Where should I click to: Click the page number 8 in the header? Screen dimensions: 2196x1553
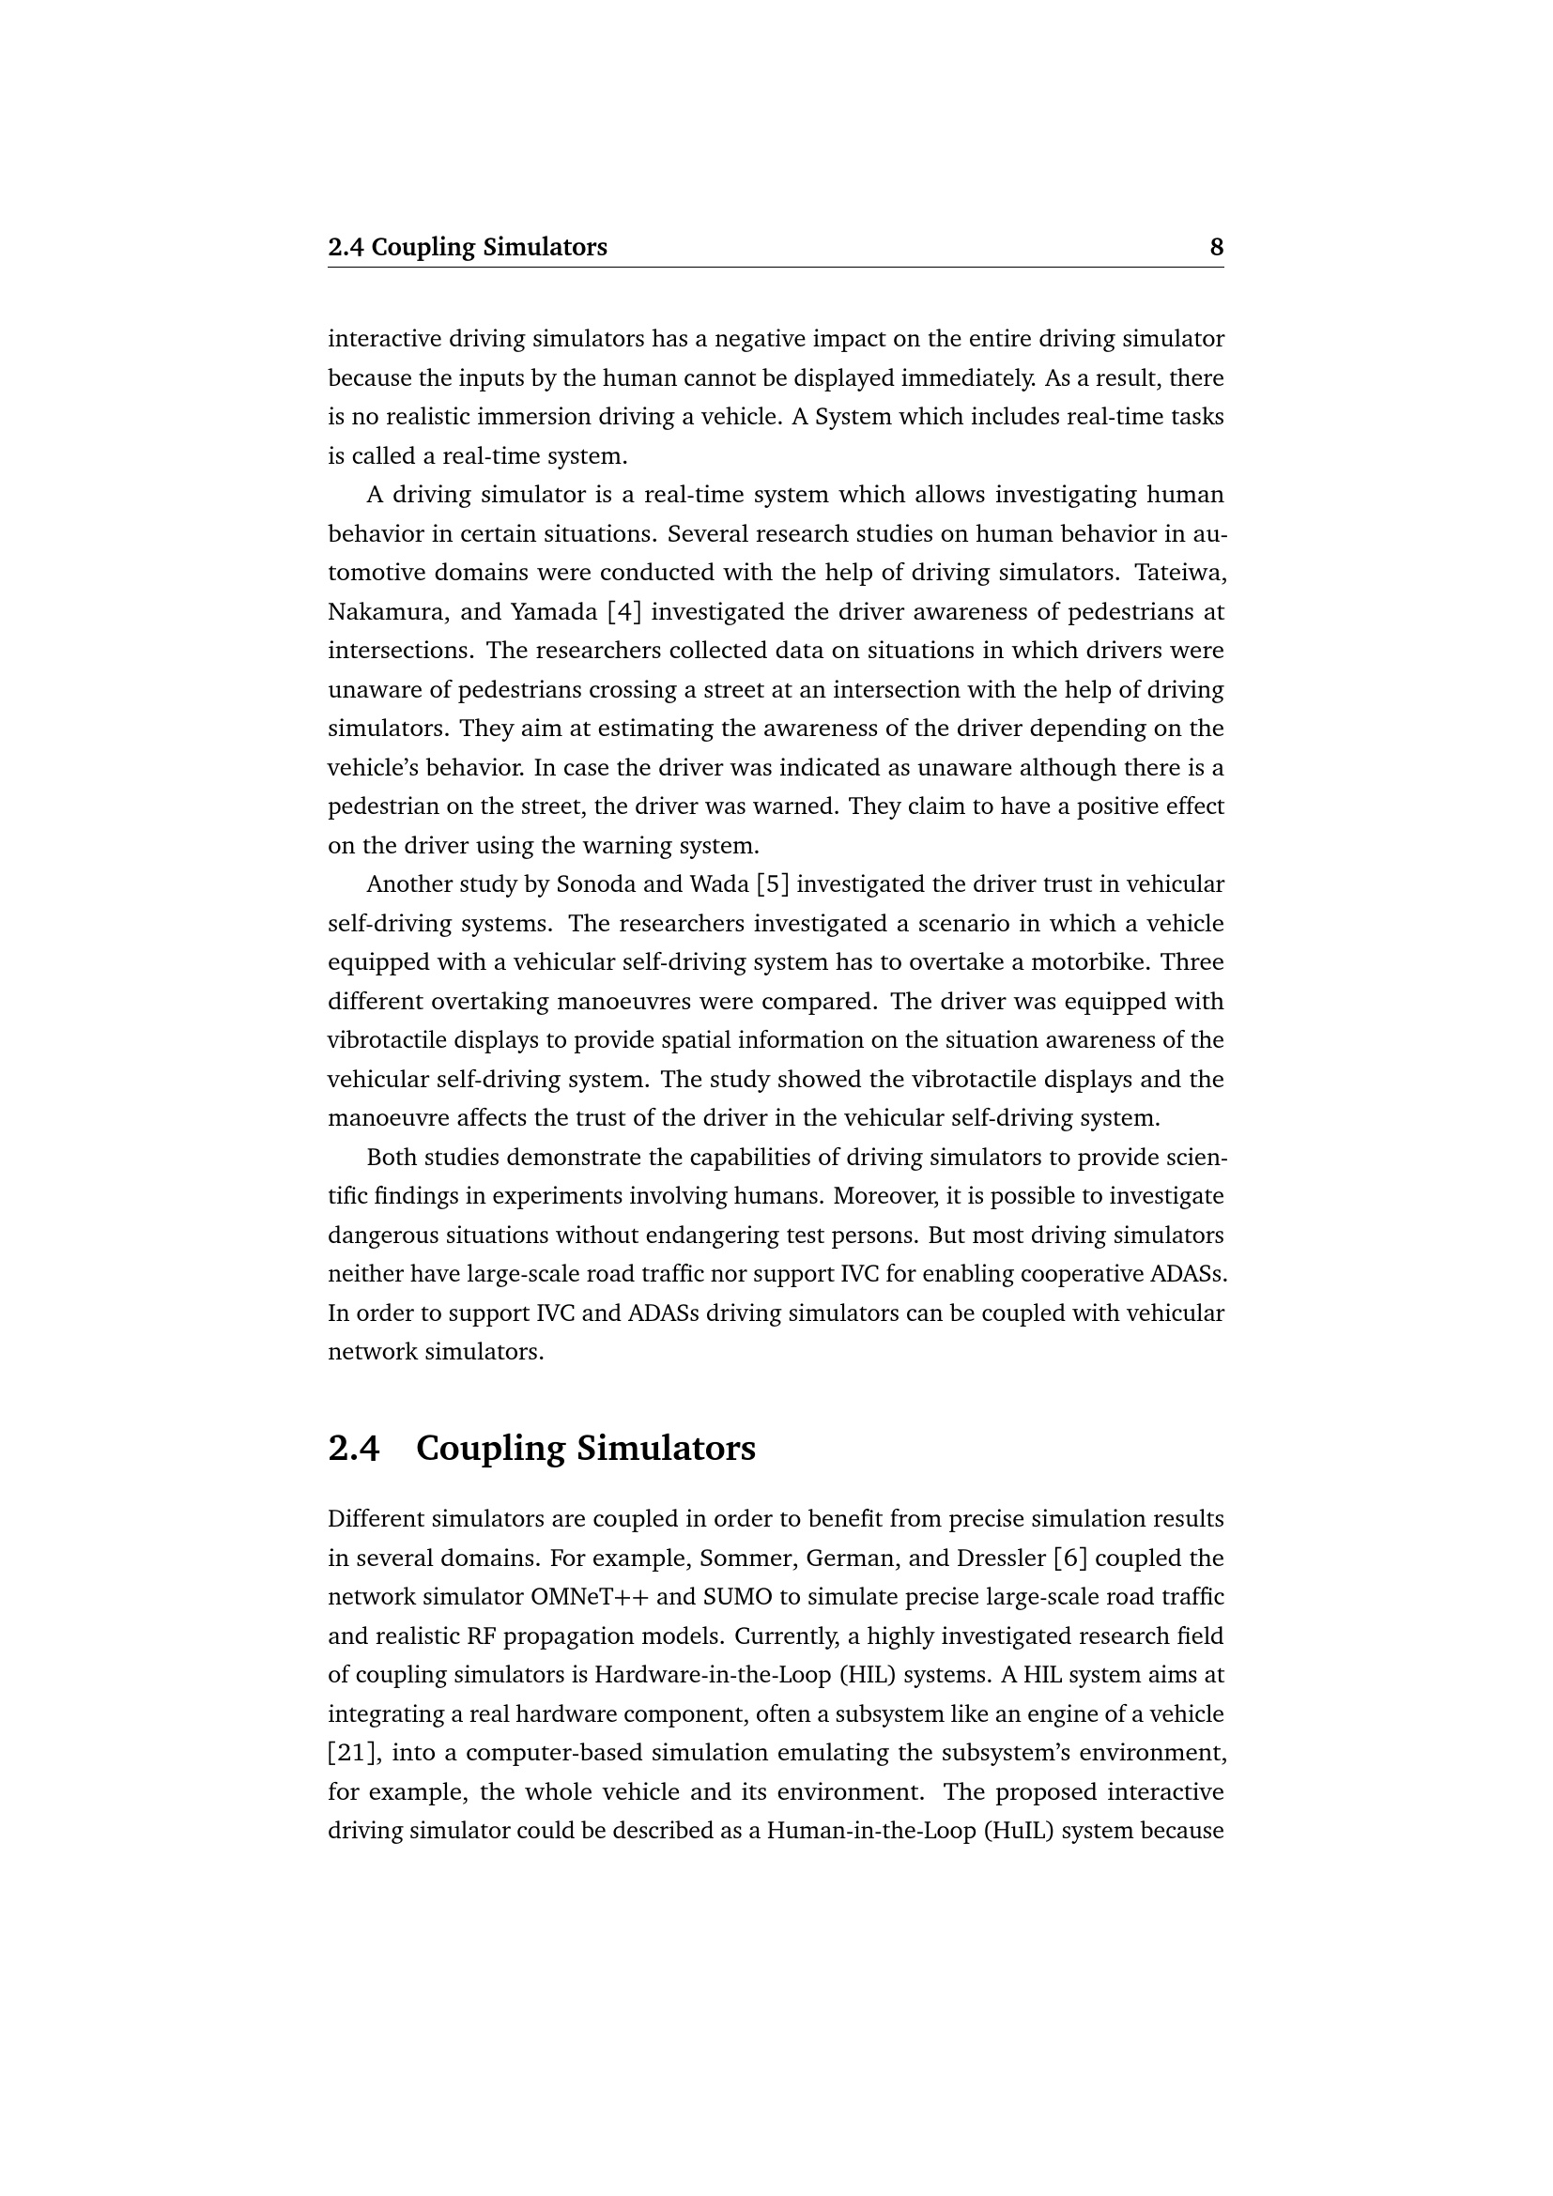[x=1216, y=248]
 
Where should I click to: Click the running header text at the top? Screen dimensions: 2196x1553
[x=467, y=248]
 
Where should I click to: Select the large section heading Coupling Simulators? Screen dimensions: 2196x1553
[x=585, y=1448]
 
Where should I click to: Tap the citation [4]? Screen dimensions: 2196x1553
[x=623, y=611]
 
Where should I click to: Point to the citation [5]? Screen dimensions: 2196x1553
[x=773, y=883]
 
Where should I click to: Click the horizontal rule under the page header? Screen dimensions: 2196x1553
[x=776, y=268]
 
